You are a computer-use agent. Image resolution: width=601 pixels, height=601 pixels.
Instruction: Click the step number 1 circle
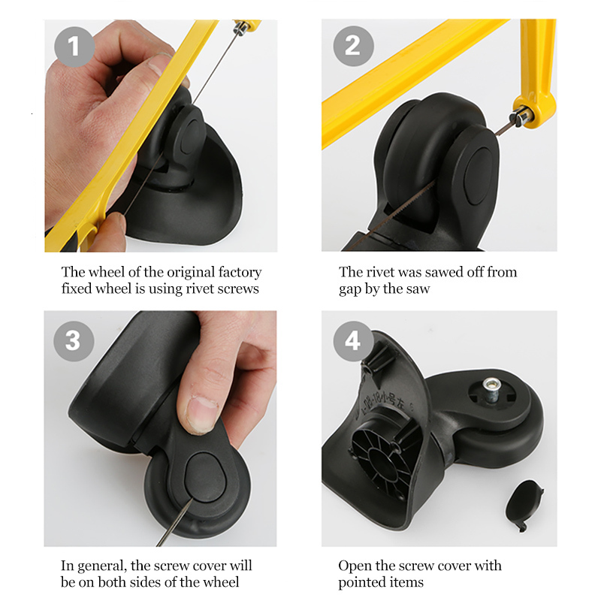pyautogui.click(x=73, y=47)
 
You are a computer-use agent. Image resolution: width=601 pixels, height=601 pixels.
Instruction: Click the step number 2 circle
pyautogui.click(x=352, y=47)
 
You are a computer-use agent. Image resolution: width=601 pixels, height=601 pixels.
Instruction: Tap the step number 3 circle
pyautogui.click(x=73, y=340)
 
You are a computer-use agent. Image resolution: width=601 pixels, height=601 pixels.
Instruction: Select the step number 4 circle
pyautogui.click(x=352, y=340)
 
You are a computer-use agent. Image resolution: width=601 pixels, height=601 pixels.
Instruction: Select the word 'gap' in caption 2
pyautogui.click(x=349, y=290)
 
